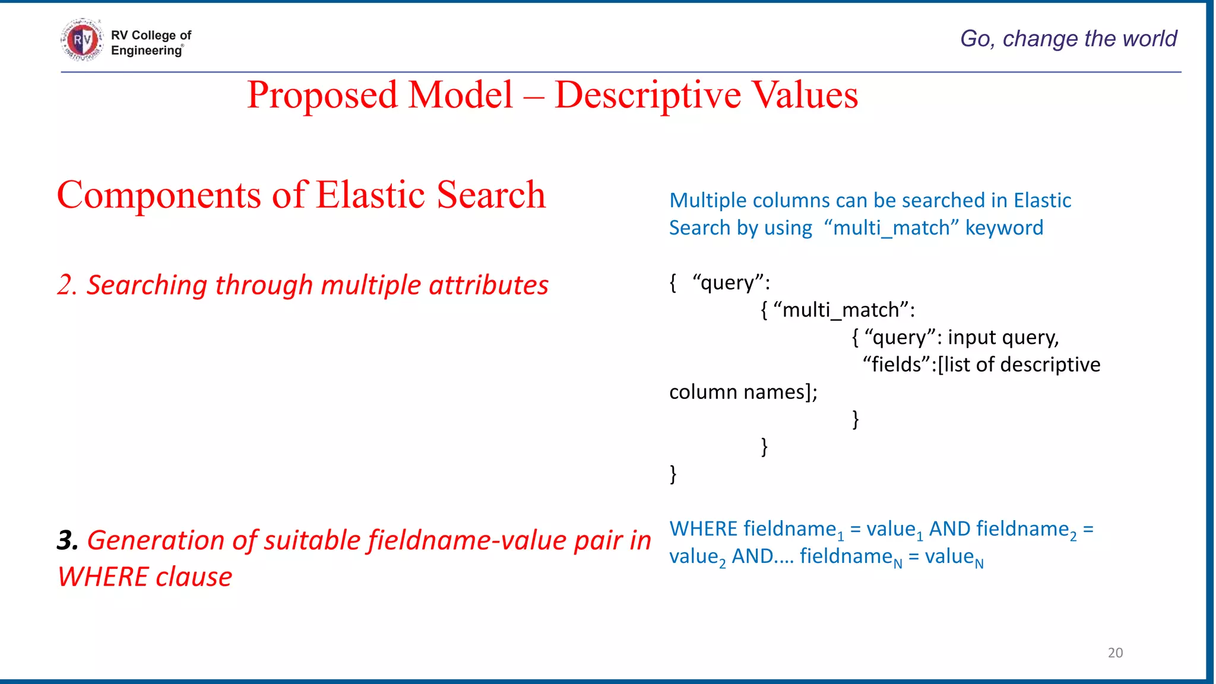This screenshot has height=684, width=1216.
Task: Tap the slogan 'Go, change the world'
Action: coord(1068,39)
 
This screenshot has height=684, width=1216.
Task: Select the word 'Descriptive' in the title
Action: coord(648,95)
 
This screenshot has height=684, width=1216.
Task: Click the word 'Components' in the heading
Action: coord(159,195)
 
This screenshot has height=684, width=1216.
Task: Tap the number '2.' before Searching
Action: coord(67,286)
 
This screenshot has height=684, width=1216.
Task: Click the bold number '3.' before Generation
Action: coord(68,540)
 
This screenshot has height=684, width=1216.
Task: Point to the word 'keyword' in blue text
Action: coord(1004,228)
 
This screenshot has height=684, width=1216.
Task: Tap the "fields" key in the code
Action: coord(897,365)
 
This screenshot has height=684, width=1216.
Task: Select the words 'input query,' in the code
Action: coord(1003,337)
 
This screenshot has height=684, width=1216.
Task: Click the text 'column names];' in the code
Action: coord(743,392)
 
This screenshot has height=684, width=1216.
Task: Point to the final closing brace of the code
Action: coord(673,474)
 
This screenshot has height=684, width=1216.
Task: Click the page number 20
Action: coord(1115,653)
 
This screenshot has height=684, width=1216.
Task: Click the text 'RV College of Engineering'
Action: coord(151,43)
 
